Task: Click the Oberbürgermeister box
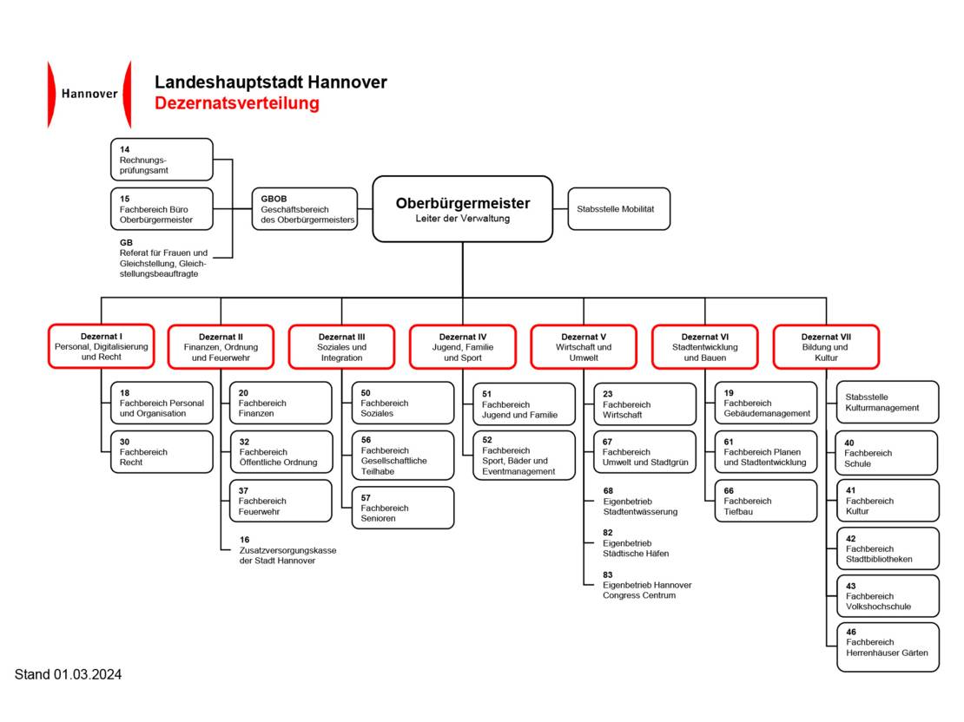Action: point(462,208)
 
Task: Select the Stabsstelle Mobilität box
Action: point(618,209)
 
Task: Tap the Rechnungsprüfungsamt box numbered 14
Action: point(162,160)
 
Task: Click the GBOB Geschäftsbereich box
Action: point(305,209)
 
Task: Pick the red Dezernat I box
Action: point(101,346)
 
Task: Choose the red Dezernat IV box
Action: point(462,346)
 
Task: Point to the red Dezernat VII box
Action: point(826,346)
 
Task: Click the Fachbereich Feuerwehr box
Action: point(281,501)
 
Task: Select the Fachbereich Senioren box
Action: point(402,508)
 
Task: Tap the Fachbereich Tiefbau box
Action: point(765,501)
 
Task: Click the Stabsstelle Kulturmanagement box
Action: point(887,402)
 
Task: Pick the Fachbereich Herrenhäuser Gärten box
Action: point(887,647)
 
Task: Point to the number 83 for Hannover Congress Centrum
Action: point(608,574)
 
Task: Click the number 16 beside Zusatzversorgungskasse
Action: point(245,539)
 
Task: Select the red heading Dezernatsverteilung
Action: point(237,103)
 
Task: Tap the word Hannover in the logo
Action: point(89,94)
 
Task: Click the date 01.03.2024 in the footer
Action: point(87,674)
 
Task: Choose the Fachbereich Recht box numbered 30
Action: point(162,451)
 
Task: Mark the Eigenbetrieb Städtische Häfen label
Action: point(636,548)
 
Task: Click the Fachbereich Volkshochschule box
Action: point(887,596)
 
